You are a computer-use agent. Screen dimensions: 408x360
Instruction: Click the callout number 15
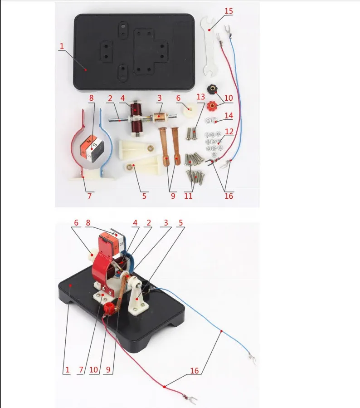pos(229,10)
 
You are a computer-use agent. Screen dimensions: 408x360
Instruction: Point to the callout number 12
pos(229,132)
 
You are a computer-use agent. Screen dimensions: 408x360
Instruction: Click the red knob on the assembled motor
pos(109,310)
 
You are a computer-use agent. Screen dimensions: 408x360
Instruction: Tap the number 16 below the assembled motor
pos(195,371)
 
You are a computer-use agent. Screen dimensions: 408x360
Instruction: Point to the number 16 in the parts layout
pos(229,197)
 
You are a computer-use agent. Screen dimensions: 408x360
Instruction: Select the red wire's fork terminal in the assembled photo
pos(193,400)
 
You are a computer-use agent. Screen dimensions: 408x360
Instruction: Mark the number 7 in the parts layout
pos(89,196)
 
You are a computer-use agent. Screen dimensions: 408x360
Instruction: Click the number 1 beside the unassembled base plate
pos(61,46)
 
